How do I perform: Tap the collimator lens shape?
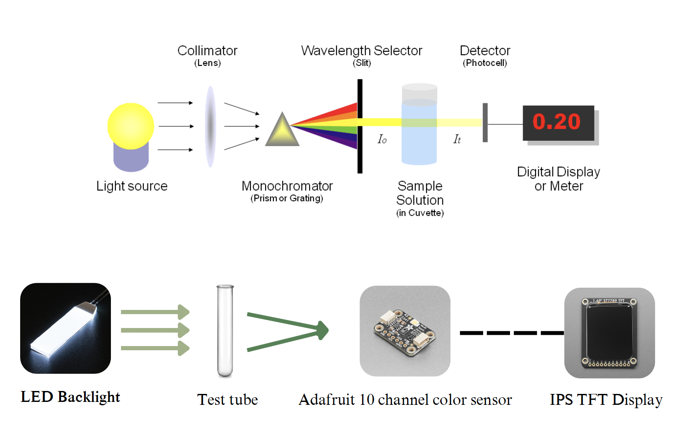point(210,126)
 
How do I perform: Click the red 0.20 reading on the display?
point(557,122)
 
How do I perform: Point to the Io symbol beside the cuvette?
point(382,139)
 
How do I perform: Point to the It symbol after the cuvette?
point(457,139)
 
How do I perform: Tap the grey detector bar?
point(485,123)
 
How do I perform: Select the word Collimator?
point(207,51)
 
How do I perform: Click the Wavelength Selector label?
point(361,51)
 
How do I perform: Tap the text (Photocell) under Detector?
point(485,63)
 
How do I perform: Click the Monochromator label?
point(287,186)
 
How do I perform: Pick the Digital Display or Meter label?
point(558,179)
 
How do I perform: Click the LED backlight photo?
point(66,328)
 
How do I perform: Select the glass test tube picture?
point(225,331)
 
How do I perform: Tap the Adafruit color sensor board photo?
point(405,331)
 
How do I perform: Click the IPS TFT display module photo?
point(609,333)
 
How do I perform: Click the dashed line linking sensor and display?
point(511,333)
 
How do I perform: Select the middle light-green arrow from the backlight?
point(155,330)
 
